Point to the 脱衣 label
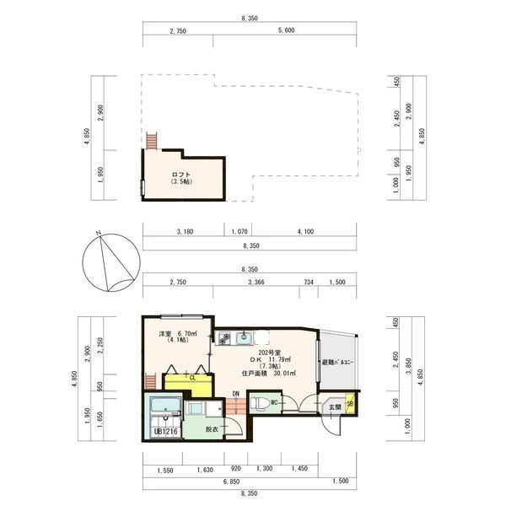[x=211, y=429]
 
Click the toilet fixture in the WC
[x=263, y=401]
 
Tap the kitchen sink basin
[x=245, y=339]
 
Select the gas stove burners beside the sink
[x=224, y=339]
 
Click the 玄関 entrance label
[x=335, y=407]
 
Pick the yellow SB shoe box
[x=350, y=406]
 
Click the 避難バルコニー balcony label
[x=337, y=363]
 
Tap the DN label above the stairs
[x=237, y=394]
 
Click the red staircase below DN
[x=237, y=408]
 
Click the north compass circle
[x=107, y=261]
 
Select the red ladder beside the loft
[x=152, y=140]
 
